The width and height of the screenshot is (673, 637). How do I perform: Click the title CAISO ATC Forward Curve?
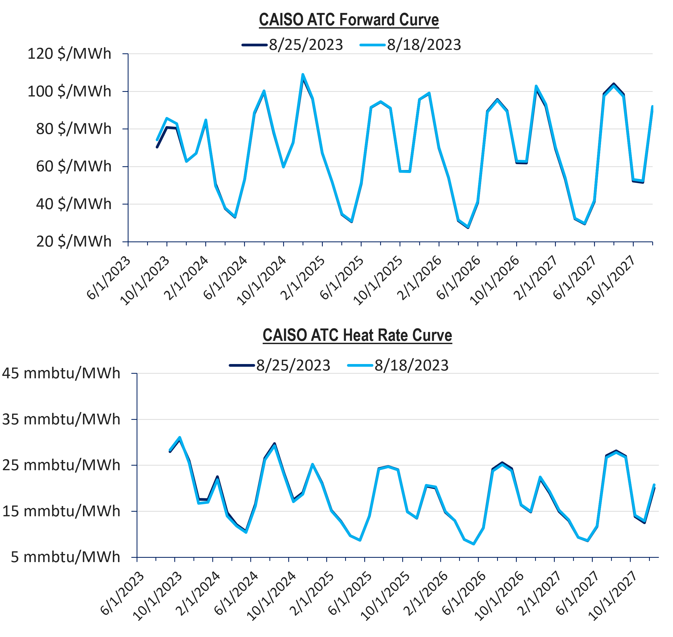pyautogui.click(x=349, y=20)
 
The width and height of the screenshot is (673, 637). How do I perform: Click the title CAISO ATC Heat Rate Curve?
pyautogui.click(x=357, y=335)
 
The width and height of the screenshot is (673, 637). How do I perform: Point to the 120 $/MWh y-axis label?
pyautogui.click(x=69, y=54)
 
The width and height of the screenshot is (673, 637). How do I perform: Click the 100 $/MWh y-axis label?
pyautogui.click(x=69, y=91)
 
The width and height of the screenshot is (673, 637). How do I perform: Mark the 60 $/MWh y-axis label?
pyautogui.click(x=74, y=166)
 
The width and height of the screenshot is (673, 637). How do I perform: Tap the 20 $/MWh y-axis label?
pyautogui.click(x=74, y=241)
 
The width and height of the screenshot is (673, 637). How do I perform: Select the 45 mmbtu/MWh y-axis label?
pyautogui.click(x=61, y=373)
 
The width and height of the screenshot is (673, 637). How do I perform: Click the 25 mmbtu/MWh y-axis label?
pyautogui.click(x=61, y=465)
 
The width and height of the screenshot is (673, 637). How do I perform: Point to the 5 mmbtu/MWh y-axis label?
pyautogui.click(x=65, y=557)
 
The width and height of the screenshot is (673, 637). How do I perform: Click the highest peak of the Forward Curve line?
pyautogui.click(x=303, y=74)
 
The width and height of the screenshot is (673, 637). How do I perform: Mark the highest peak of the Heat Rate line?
pyautogui.click(x=180, y=437)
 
